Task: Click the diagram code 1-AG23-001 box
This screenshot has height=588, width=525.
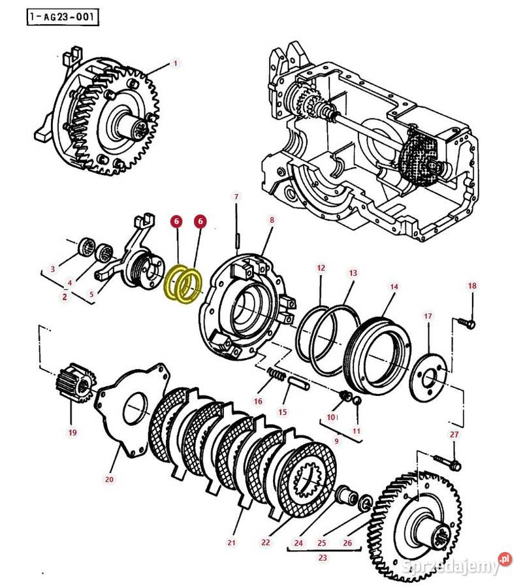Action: (63, 17)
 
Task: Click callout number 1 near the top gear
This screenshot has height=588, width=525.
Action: (175, 63)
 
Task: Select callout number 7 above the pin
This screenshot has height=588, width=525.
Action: (236, 196)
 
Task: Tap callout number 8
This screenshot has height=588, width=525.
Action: (272, 220)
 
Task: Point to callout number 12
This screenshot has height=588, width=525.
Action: (321, 268)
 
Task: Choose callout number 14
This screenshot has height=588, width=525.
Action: (393, 287)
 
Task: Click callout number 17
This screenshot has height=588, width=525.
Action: (428, 316)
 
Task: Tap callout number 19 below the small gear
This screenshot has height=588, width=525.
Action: (72, 433)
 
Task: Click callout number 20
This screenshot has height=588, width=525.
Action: (109, 480)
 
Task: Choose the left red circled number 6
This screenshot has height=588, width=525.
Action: (176, 222)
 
